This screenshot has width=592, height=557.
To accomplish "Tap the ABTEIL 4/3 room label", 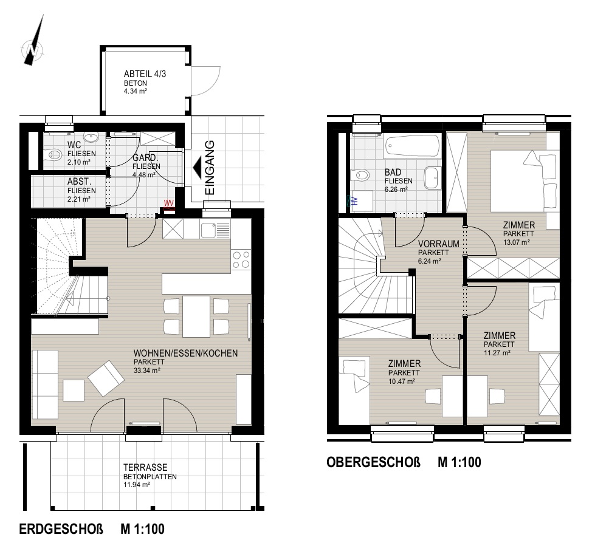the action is click(145, 73).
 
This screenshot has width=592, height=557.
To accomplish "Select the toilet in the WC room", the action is click(54, 154).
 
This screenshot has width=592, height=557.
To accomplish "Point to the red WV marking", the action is click(169, 203).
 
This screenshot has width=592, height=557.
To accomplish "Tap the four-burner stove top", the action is click(241, 259).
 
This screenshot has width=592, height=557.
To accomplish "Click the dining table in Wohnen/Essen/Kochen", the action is click(196, 316).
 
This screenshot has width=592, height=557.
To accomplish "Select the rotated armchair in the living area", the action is click(106, 378).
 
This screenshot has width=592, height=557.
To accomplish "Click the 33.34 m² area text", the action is click(147, 371).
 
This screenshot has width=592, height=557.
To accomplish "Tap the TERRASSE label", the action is click(145, 467).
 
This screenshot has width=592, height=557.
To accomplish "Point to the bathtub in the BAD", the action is click(412, 147).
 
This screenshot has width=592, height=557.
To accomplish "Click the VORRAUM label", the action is click(439, 244).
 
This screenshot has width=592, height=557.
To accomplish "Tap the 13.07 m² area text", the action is click(517, 242).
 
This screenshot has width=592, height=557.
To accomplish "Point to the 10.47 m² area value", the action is click(402, 381).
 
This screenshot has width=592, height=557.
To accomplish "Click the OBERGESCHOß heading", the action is click(373, 462).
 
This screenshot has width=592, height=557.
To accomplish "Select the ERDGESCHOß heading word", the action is click(61, 528).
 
